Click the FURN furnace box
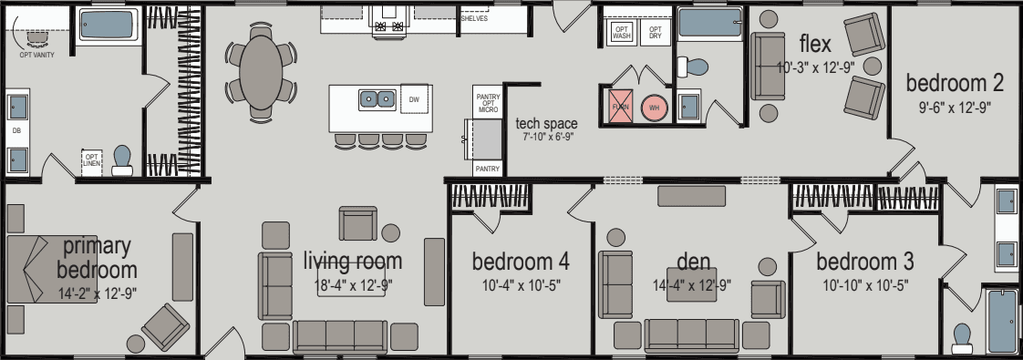(620, 106)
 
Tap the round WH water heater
(654, 107)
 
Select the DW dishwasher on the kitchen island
(414, 98)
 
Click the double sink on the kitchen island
(377, 98)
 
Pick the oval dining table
(260, 71)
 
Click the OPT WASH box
(621, 33)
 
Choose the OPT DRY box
(654, 33)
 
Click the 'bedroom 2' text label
(955, 83)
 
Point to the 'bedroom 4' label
(521, 262)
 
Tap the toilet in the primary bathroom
(121, 160)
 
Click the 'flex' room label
(814, 44)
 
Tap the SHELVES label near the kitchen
(473, 18)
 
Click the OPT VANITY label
(36, 55)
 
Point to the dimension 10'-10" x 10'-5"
(864, 284)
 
